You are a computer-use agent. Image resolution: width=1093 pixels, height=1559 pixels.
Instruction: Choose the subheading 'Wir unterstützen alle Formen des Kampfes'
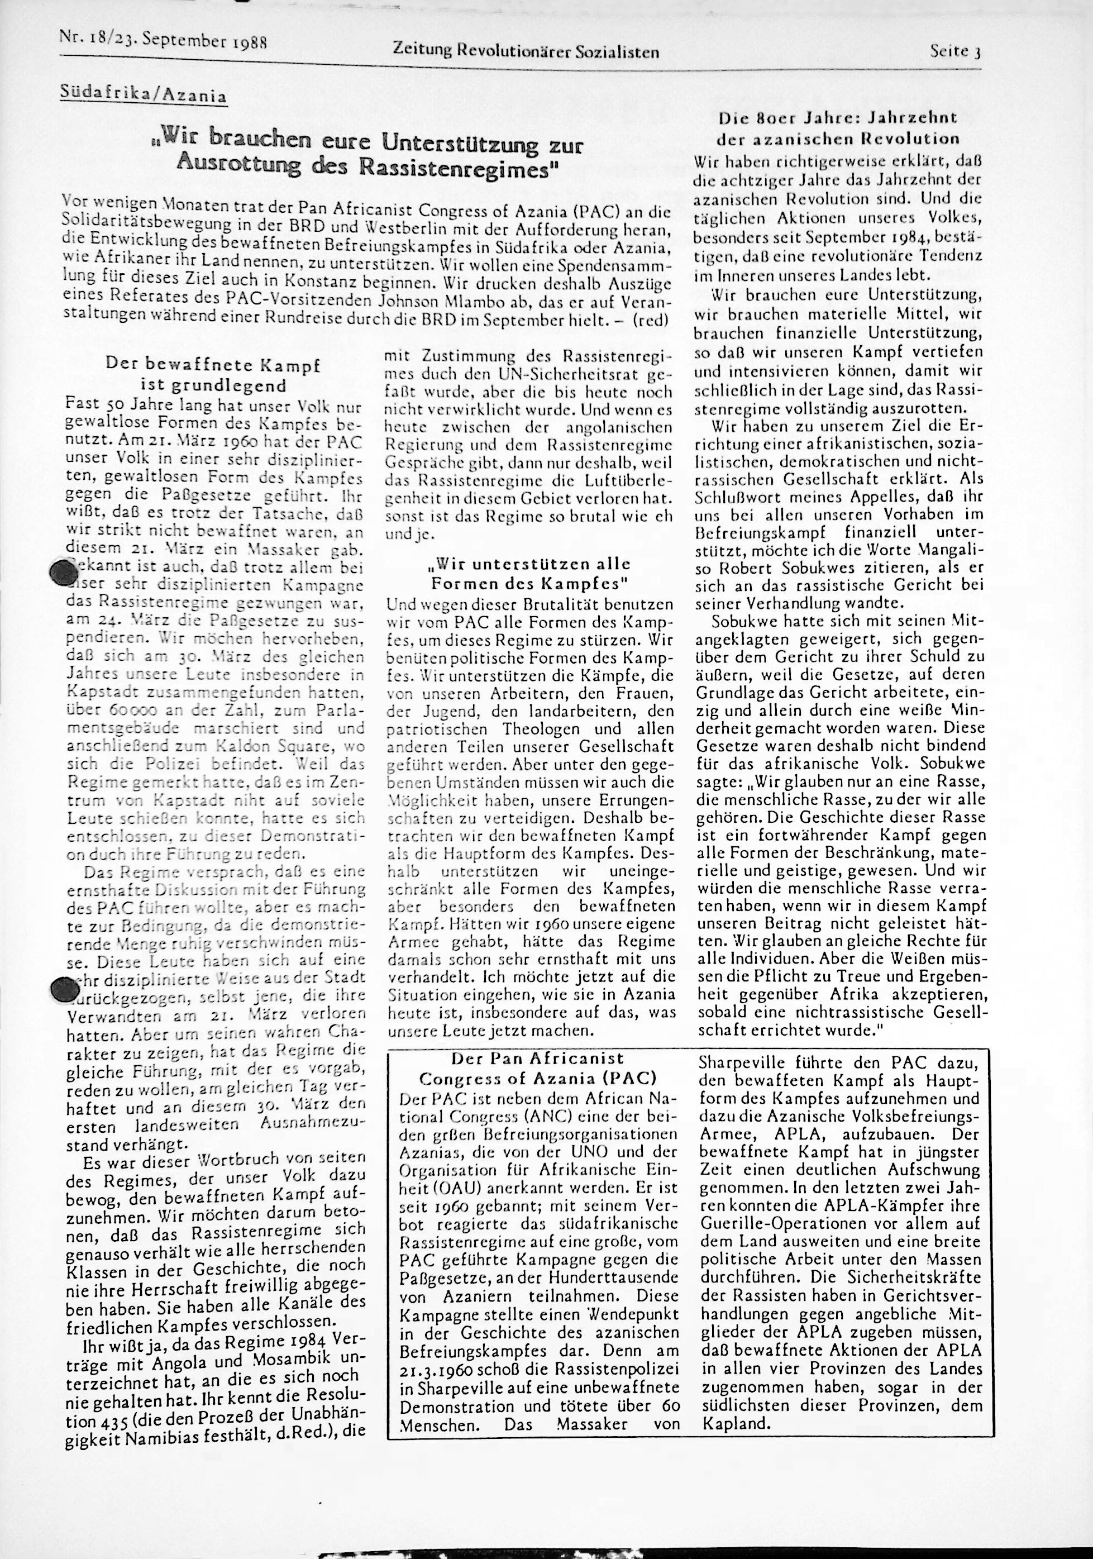pos(529,573)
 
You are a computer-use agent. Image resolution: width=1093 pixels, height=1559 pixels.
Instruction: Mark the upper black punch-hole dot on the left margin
pos(64,573)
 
